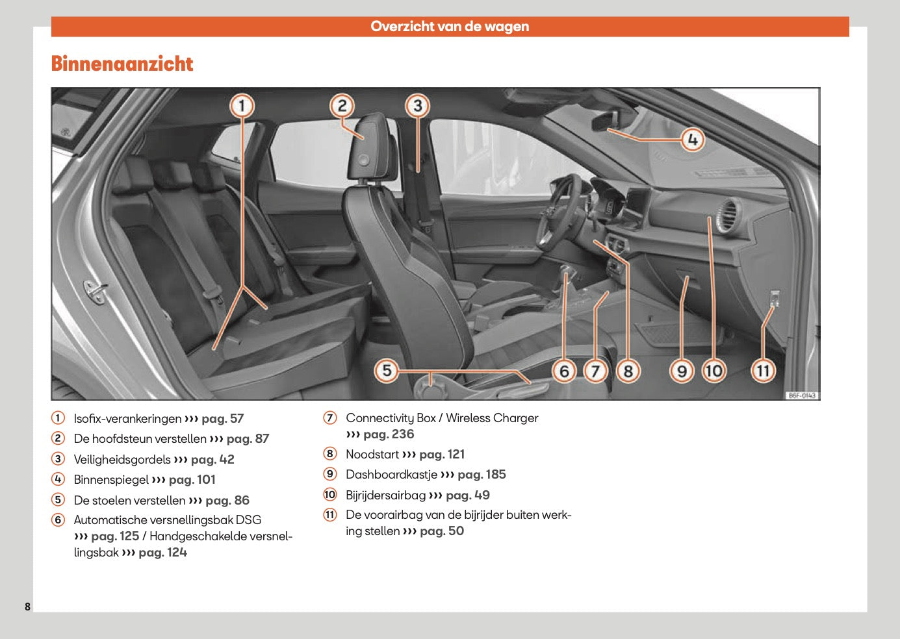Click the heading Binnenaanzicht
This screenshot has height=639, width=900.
point(122,64)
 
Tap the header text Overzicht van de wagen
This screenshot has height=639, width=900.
point(450,27)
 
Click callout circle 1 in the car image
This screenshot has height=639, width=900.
point(242,105)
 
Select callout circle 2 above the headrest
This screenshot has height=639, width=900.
point(342,105)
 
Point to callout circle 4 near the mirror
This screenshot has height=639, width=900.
point(693,139)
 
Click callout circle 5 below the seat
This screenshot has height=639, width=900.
point(387,371)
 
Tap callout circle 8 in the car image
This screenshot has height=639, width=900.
point(628,371)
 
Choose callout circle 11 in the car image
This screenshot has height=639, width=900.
point(763,371)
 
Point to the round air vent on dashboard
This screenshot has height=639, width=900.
point(727,215)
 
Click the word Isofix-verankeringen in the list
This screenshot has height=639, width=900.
point(127,419)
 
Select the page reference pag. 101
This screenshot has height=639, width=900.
point(192,480)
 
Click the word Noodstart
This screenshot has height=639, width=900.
point(372,455)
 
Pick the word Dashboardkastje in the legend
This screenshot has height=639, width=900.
point(391,475)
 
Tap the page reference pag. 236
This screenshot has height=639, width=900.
point(388,434)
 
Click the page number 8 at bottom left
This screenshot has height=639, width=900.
point(27,607)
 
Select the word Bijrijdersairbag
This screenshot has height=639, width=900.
point(385,495)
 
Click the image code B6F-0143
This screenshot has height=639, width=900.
point(801,395)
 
